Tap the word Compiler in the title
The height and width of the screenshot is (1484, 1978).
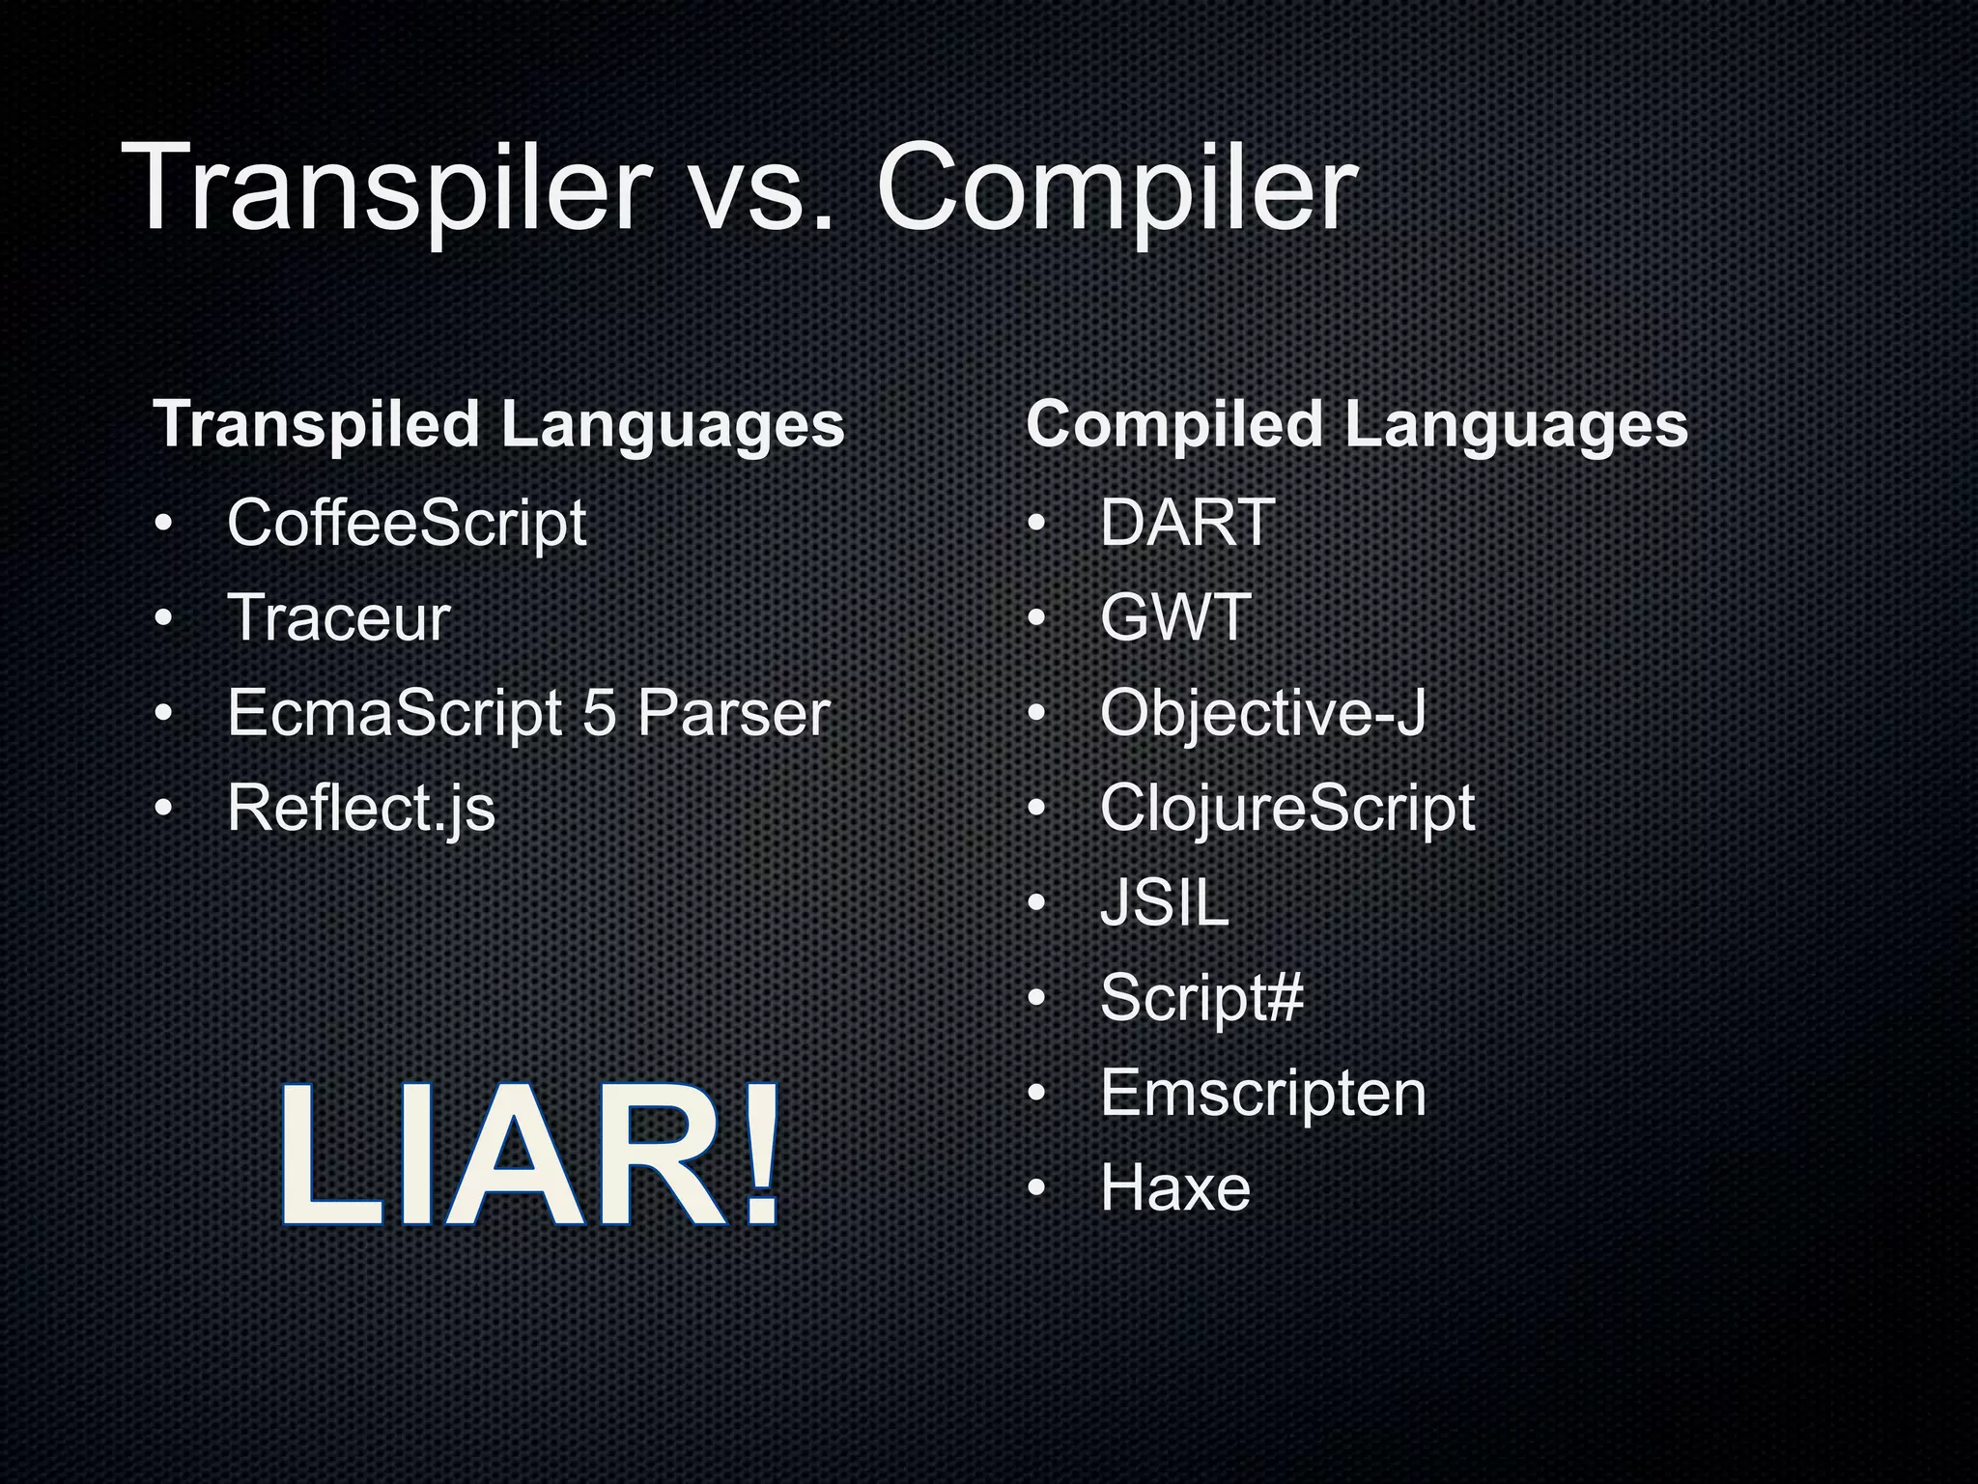1116,188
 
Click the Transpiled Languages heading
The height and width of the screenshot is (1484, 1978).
498,425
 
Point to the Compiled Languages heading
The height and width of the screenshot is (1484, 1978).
1356,425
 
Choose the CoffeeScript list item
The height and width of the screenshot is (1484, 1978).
406,524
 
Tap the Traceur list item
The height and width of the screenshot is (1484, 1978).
338,618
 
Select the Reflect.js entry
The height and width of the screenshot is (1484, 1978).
360,809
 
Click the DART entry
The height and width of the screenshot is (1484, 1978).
1187,524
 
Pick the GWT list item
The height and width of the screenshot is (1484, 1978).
1174,618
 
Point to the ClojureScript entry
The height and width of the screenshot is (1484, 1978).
1286,809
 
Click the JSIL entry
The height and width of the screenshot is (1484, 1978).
1164,903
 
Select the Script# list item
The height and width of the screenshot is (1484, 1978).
1201,998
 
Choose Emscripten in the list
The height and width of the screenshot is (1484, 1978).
1261,1094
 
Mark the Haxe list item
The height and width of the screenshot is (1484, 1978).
1174,1188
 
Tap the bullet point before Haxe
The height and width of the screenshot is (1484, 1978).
1036,1188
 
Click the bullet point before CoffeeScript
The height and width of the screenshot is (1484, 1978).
163,525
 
